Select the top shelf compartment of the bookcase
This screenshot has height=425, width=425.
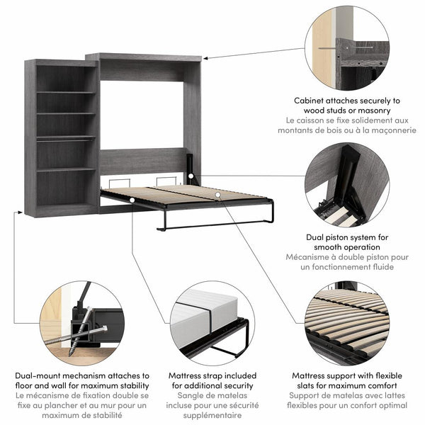(x=66, y=78)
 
